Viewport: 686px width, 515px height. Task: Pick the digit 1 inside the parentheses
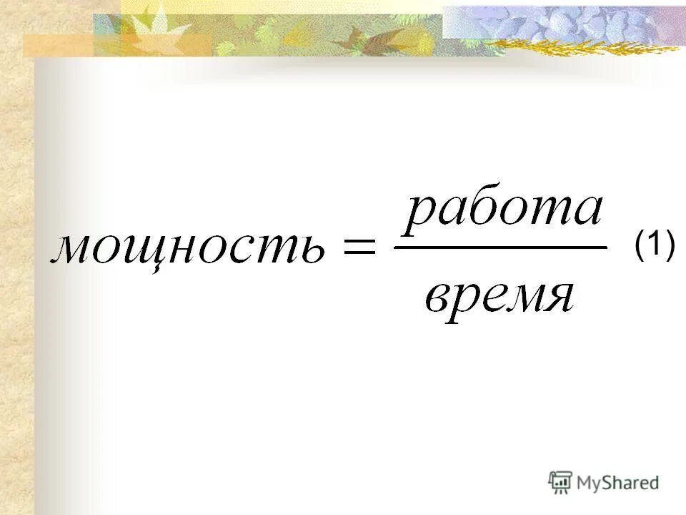click(x=654, y=245)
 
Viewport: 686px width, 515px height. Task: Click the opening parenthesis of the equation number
click(x=640, y=246)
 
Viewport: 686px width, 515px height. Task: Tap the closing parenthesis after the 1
click(x=670, y=246)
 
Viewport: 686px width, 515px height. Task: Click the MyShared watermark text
click(x=617, y=482)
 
